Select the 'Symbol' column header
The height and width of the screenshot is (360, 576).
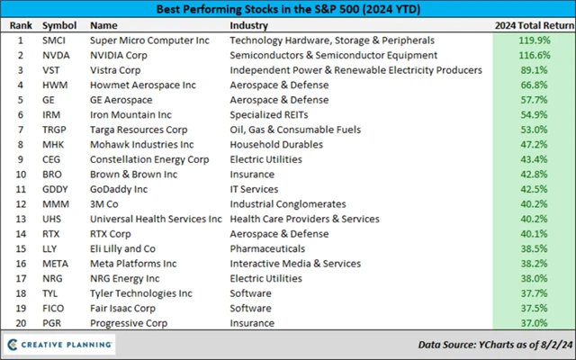(59, 26)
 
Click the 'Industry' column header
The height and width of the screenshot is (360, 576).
(250, 26)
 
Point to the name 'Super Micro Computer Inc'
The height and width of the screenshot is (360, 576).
(148, 41)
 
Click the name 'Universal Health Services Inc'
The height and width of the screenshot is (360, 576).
(156, 219)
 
